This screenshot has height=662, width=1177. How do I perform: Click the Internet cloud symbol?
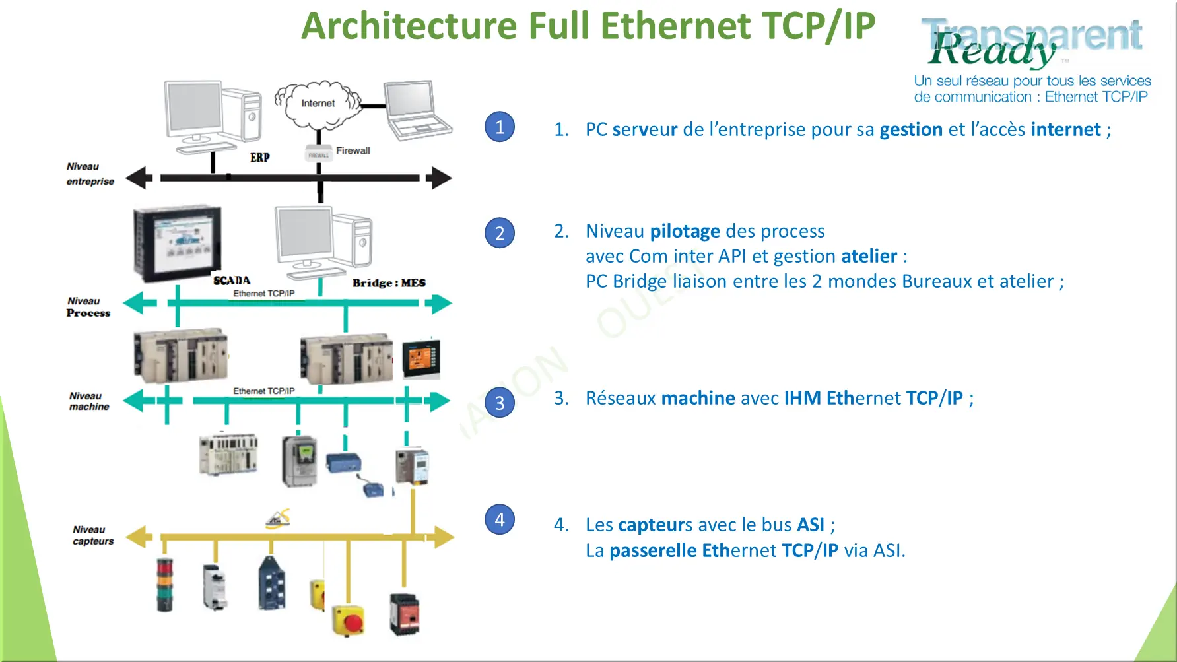tap(318, 104)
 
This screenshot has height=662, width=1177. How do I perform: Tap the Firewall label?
tap(353, 150)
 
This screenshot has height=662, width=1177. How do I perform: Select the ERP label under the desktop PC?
tap(259, 158)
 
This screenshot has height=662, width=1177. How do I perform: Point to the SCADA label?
tap(232, 281)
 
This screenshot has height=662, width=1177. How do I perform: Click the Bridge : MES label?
tap(389, 283)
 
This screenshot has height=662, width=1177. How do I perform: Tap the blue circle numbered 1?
tap(500, 127)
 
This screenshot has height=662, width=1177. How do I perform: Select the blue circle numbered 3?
tap(500, 403)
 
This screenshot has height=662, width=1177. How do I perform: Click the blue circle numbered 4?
tap(500, 519)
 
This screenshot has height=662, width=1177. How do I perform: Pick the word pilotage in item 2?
tap(685, 232)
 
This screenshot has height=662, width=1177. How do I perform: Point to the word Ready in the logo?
tap(992, 50)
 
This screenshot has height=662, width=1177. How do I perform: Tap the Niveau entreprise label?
tap(90, 174)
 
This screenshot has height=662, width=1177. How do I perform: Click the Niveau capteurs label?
tap(92, 535)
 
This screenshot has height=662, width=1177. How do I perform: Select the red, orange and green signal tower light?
tap(164, 585)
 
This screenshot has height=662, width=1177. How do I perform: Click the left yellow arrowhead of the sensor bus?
tap(138, 537)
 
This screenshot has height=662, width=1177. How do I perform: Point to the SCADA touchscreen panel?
tap(177, 242)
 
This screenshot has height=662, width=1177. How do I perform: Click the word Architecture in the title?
tap(409, 26)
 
